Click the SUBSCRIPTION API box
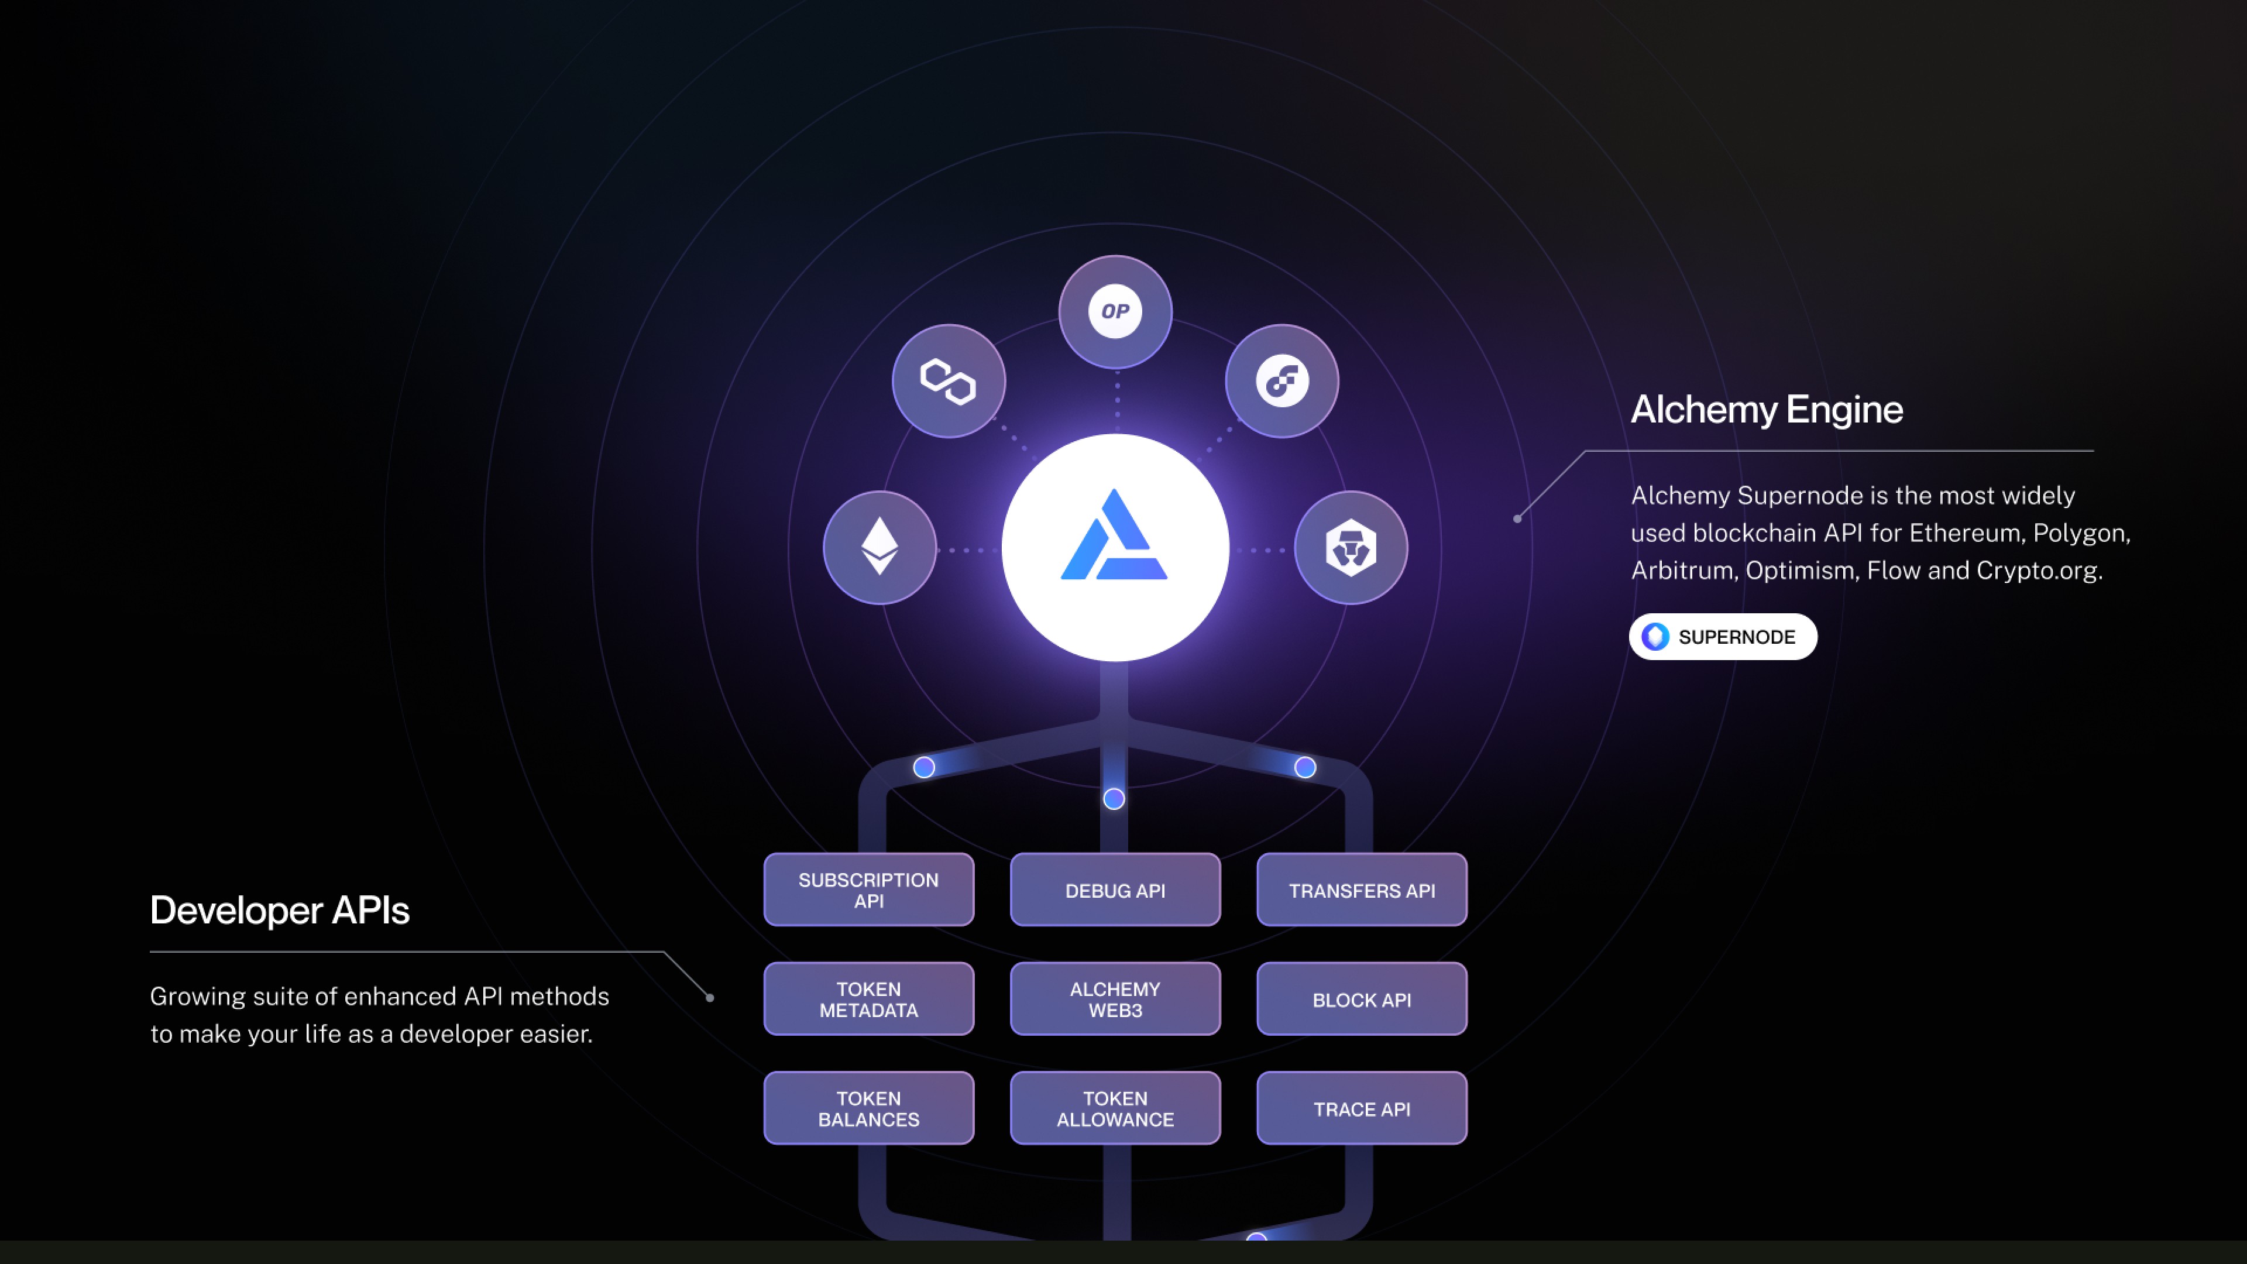pyautogui.click(x=869, y=889)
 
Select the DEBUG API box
pyautogui.click(x=1115, y=889)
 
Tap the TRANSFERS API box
pyautogui.click(x=1362, y=889)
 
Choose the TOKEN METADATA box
pyautogui.click(x=869, y=999)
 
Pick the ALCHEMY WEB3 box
pyautogui.click(x=1115, y=999)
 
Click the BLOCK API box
pyautogui.click(x=1362, y=999)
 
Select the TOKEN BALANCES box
pyautogui.click(x=869, y=1108)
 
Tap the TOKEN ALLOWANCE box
pyautogui.click(x=1115, y=1108)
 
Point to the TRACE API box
pyautogui.click(x=1362, y=1108)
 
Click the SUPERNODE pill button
pyautogui.click(x=1723, y=637)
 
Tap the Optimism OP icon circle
pyautogui.click(x=1115, y=311)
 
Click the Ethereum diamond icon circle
pyautogui.click(x=879, y=548)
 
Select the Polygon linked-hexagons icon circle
pyautogui.click(x=948, y=381)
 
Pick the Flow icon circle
pyautogui.click(x=1281, y=381)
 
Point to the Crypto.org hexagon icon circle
pyautogui.click(x=1351, y=548)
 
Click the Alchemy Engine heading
pyautogui.click(x=1767, y=409)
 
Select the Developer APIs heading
pyautogui.click(x=279, y=910)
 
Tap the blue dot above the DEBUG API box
pyautogui.click(x=1114, y=798)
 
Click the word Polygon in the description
pyautogui.click(x=2080, y=533)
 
